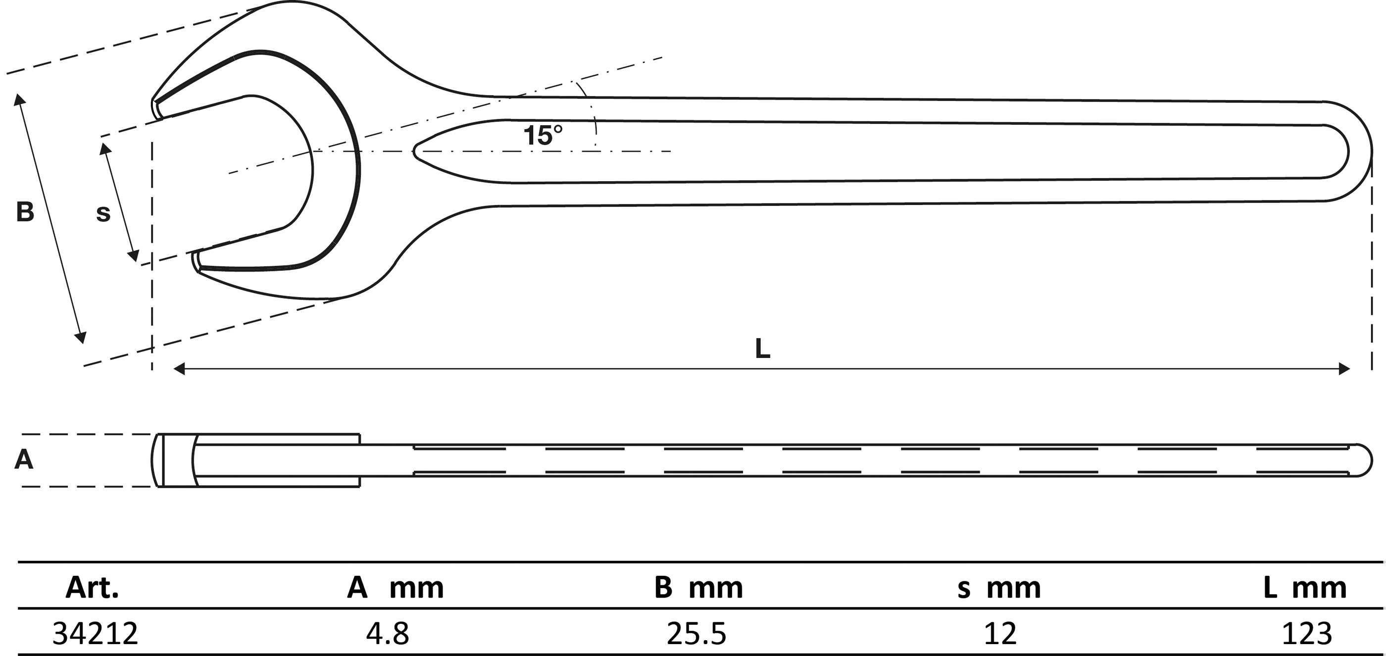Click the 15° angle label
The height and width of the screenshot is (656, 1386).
click(x=543, y=136)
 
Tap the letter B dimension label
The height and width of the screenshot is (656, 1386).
click(x=25, y=212)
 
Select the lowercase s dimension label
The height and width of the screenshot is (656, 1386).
click(x=103, y=214)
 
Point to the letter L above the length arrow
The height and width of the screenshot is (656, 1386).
click(x=762, y=349)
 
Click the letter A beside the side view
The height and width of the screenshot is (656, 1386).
click(x=24, y=460)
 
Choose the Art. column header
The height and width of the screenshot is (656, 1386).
click(x=92, y=588)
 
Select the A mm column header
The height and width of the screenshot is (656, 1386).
click(x=396, y=588)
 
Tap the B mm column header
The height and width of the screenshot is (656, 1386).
click(x=698, y=588)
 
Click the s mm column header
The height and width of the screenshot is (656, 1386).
click(x=999, y=588)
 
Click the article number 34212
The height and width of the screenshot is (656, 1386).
click(x=95, y=634)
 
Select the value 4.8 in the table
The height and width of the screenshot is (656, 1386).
click(x=388, y=634)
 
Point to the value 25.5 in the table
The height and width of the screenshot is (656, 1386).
click(x=696, y=634)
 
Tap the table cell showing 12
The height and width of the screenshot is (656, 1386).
click(x=1000, y=634)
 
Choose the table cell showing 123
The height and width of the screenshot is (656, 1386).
click(x=1307, y=634)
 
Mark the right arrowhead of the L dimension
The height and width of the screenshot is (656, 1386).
click(x=1344, y=369)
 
